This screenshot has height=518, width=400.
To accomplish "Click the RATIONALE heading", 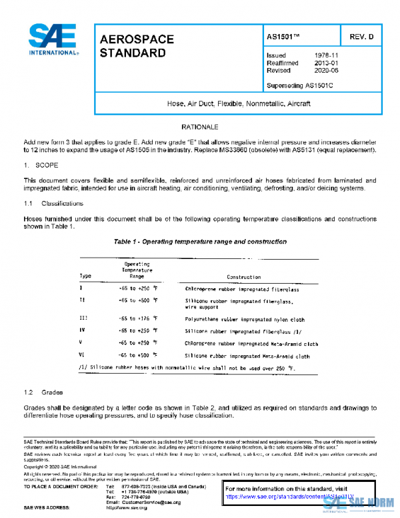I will coord(200,127).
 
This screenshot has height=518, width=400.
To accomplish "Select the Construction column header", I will coord(244,276).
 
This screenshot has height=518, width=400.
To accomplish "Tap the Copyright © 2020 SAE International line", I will coord(59,467).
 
